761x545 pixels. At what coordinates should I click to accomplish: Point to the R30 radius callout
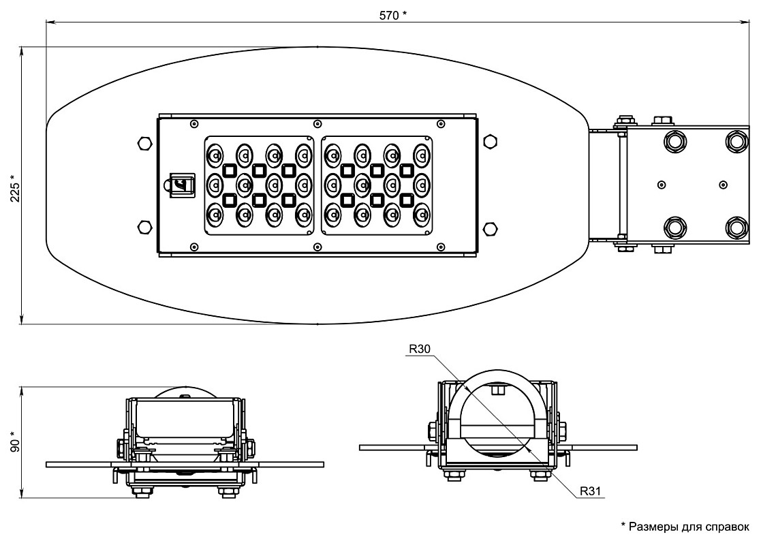(x=419, y=349)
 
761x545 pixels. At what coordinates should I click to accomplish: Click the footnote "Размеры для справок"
(x=685, y=526)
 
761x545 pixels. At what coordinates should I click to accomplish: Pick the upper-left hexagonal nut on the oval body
(x=144, y=143)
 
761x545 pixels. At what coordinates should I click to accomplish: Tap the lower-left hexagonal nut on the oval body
(x=144, y=227)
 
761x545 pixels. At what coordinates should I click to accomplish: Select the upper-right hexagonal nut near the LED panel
(x=490, y=141)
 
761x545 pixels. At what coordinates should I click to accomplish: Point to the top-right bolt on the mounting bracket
(x=735, y=140)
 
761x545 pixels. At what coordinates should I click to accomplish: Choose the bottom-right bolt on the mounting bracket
(x=735, y=226)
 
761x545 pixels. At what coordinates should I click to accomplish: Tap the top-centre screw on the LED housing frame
(x=317, y=124)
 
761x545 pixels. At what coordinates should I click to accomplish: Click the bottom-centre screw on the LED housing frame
(x=317, y=246)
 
